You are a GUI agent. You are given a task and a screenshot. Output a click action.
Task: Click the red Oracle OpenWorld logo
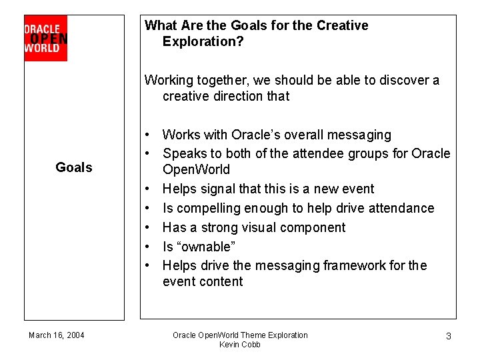45,38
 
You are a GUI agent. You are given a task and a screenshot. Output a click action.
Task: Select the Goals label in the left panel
74,167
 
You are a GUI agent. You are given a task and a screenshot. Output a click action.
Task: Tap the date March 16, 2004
57,335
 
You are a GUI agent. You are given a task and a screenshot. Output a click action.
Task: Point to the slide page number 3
448,336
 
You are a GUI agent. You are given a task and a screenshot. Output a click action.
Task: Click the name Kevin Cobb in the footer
240,345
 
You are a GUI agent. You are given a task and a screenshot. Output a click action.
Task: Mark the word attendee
324,153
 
